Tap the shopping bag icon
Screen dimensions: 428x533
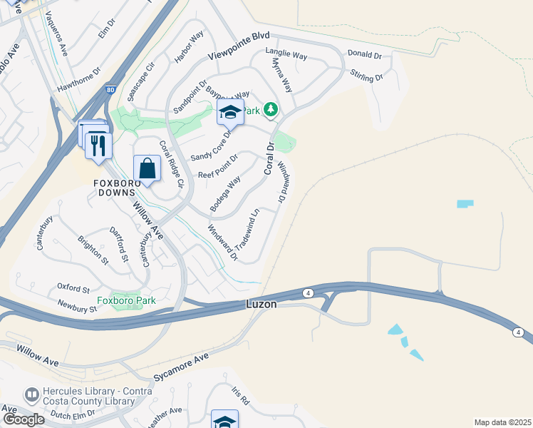tap(147, 169)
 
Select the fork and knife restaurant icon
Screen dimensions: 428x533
tap(98, 146)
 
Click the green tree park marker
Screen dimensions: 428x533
tap(270, 109)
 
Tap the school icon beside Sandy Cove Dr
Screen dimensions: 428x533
tap(230, 112)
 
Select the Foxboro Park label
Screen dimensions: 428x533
tap(126, 300)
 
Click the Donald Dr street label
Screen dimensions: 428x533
tap(364, 55)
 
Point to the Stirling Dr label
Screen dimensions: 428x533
tap(367, 74)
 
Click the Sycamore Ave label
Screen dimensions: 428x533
tap(182, 367)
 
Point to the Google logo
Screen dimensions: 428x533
tap(23, 419)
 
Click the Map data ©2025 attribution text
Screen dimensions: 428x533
tap(502, 422)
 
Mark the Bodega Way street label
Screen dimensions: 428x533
tap(224, 194)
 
